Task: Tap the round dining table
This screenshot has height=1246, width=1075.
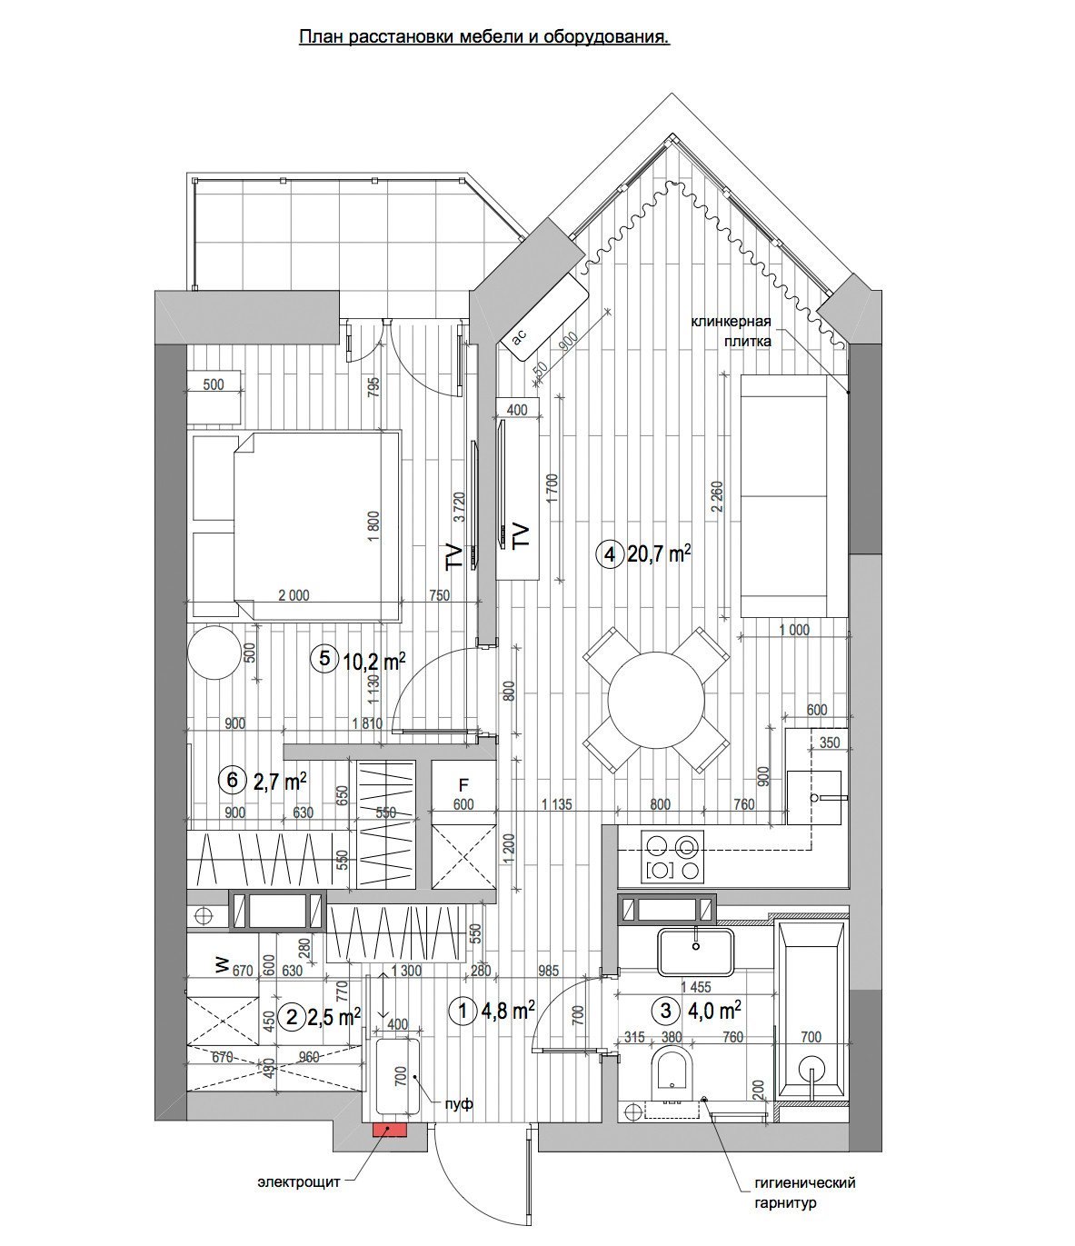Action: (x=656, y=700)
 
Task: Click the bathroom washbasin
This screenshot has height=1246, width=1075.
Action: (x=696, y=952)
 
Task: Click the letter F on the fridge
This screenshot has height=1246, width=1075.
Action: (x=463, y=785)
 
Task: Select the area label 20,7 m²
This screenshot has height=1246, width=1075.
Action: (x=659, y=553)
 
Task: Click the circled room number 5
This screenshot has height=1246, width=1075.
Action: (x=324, y=658)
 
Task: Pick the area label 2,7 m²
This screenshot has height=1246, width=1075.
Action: (x=281, y=782)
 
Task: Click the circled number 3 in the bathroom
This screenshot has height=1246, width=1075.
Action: (x=665, y=1011)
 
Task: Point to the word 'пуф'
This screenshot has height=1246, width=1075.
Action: (x=459, y=1103)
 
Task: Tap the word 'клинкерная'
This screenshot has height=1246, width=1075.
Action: (x=731, y=322)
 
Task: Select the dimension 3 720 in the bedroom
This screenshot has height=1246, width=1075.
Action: (x=460, y=507)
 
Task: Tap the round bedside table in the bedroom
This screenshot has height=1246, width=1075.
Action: (x=214, y=653)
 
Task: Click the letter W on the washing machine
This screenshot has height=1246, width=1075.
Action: (x=222, y=967)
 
